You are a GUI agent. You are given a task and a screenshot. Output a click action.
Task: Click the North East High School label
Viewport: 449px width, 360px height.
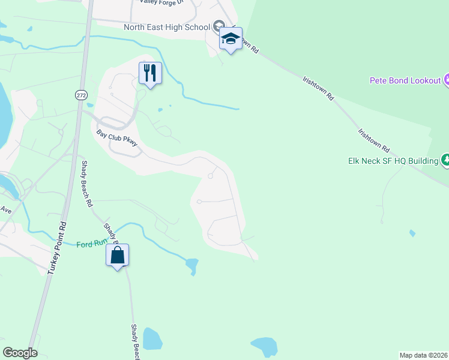click(166, 27)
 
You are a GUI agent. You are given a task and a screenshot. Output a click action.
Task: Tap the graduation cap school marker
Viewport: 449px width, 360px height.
click(231, 39)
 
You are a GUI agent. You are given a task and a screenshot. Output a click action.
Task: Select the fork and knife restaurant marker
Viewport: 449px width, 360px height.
click(150, 74)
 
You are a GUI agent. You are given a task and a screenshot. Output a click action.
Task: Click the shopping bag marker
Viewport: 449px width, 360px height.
click(118, 256)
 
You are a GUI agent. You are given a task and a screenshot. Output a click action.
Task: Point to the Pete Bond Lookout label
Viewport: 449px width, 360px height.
click(405, 80)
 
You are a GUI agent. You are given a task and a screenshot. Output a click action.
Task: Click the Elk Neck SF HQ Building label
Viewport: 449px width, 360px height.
click(393, 161)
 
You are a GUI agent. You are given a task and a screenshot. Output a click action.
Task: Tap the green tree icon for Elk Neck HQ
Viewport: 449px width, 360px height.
click(445, 160)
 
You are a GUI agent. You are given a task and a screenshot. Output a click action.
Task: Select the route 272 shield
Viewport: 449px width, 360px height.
click(80, 95)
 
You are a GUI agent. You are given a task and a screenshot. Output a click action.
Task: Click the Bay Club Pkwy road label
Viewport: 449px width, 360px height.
click(118, 138)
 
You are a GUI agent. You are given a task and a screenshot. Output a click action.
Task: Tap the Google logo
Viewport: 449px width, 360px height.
click(20, 353)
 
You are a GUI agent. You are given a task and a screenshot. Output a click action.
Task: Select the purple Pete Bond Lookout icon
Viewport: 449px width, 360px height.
click(447, 80)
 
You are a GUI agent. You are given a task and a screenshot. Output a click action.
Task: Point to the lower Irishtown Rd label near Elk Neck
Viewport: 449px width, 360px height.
click(373, 140)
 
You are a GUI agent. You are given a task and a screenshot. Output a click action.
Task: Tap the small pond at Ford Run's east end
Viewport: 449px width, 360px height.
click(191, 265)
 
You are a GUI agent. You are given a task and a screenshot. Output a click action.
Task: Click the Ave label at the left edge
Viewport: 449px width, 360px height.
click(6, 210)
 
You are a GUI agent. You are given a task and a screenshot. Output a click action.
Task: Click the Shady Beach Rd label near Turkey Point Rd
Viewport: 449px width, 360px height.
click(87, 184)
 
